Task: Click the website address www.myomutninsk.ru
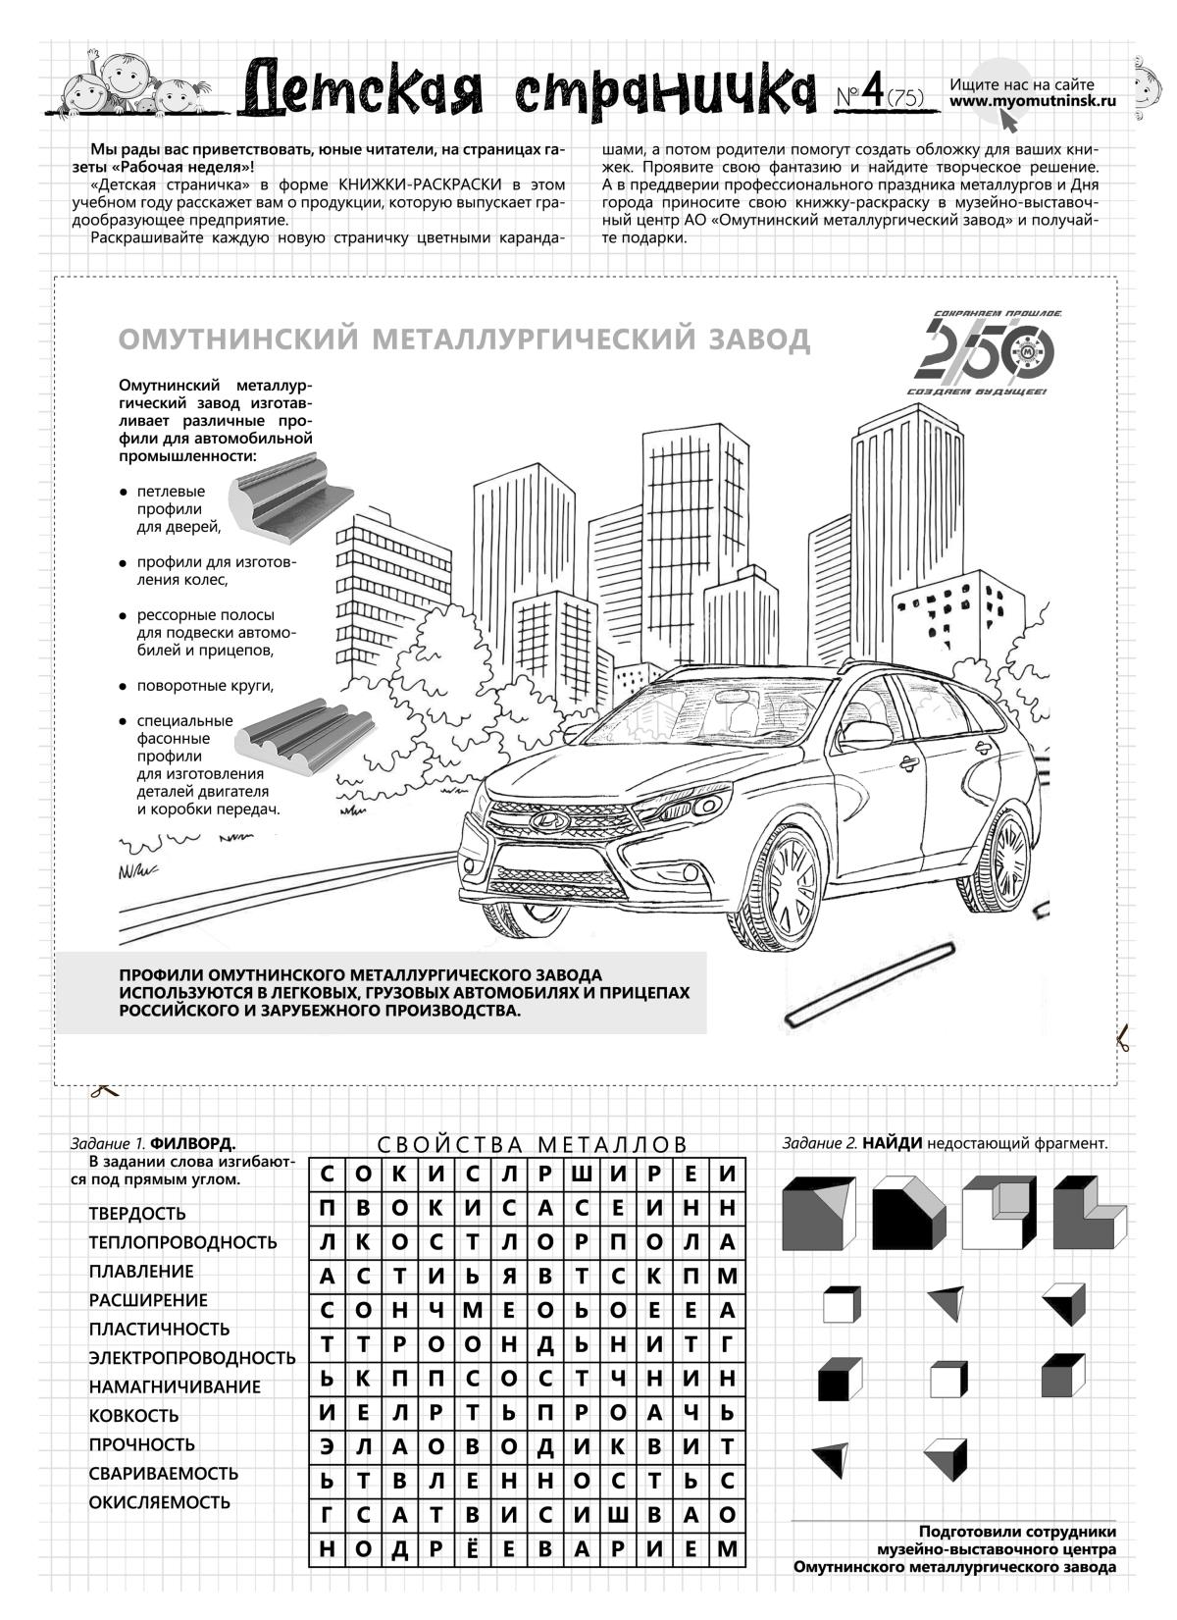1033,100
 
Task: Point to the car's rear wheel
994,844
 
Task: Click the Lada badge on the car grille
545,820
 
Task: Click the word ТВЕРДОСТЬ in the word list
137,1214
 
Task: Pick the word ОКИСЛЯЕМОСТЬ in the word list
160,1502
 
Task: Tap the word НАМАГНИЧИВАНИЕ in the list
175,1387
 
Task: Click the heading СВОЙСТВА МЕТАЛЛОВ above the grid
533,1145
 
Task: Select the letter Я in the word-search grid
509,1277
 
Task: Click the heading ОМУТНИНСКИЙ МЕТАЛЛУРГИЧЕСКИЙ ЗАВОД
464,340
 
